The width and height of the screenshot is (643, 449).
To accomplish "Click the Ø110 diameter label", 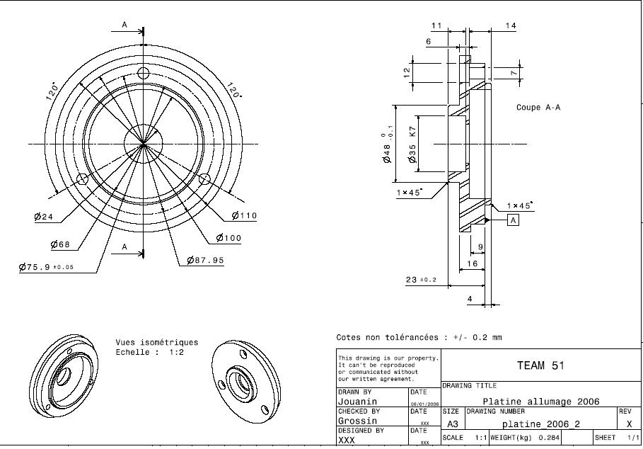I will point(244,216).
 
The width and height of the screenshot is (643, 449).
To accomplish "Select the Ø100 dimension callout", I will point(228,238).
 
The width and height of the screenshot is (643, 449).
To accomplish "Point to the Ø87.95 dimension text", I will point(205,261).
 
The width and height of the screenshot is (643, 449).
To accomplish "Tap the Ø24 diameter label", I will point(44,217).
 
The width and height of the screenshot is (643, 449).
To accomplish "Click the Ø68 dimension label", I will point(61,245).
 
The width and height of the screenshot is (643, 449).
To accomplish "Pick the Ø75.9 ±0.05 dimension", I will point(46,268).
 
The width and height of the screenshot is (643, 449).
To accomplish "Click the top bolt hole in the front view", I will point(144,73).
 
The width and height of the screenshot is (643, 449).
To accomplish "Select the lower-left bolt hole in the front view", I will point(82,178).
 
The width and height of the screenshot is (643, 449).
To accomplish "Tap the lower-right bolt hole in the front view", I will point(205,178).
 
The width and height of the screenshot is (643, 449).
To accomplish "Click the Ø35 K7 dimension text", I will point(412,144).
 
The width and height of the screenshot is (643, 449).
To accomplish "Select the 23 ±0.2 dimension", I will point(421,280).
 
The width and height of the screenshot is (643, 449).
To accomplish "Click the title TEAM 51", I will point(540,365).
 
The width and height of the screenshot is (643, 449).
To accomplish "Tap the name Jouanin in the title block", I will point(357,402).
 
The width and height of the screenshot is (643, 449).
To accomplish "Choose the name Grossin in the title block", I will point(357,421).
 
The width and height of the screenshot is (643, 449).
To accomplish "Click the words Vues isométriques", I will point(157,343).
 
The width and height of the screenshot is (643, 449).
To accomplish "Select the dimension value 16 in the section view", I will point(472,263).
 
